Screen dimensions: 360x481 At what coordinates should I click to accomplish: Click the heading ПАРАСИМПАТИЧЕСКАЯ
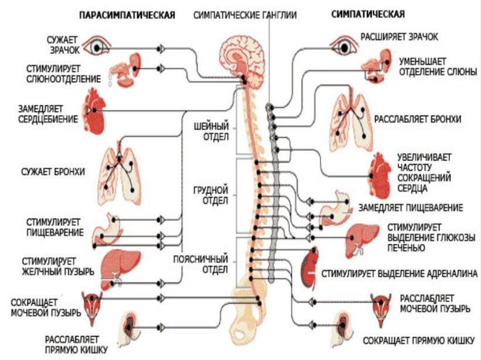click(127, 15)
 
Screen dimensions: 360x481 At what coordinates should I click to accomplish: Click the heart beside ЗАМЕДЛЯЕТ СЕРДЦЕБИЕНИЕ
click(94, 110)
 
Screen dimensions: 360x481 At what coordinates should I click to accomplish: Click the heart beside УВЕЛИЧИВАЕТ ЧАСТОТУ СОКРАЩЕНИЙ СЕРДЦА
click(380, 174)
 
